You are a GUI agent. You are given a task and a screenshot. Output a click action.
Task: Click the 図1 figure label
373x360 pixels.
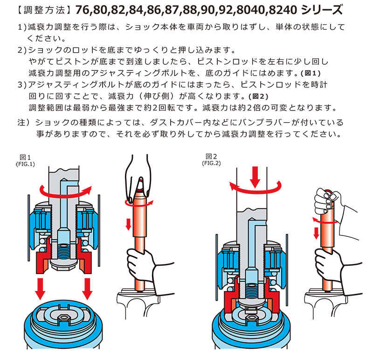(x=25, y=157)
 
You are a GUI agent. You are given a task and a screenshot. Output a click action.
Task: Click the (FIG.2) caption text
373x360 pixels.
(x=211, y=163)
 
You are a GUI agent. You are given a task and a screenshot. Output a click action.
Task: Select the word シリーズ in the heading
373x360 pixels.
(x=322, y=10)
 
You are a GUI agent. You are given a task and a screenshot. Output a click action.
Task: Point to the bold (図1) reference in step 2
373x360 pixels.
(x=311, y=73)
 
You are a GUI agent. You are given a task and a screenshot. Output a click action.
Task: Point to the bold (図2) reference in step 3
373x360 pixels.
(x=258, y=97)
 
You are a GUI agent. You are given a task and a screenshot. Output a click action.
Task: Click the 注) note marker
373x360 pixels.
(x=24, y=123)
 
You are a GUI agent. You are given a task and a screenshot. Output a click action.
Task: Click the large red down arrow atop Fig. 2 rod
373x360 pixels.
(x=255, y=177)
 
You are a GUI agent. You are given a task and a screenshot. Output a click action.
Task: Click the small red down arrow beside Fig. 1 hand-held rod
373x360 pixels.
(x=129, y=224)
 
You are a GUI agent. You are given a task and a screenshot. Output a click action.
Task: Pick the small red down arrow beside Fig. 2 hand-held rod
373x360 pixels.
(x=316, y=233)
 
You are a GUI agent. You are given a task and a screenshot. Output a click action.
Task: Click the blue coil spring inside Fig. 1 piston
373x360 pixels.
(x=64, y=251)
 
